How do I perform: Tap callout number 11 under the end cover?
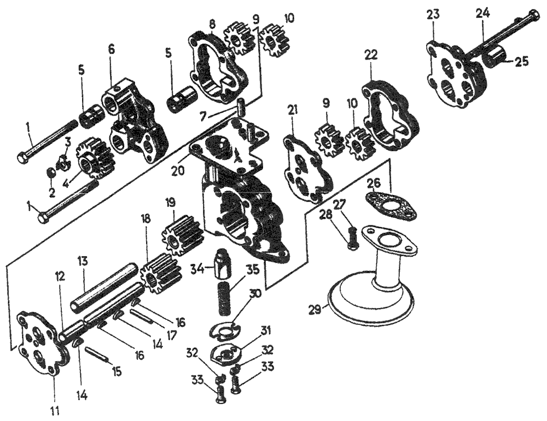pos(55,408)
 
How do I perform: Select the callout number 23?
pos(433,16)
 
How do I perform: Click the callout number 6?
pos(111,49)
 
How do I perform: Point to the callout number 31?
pos(266,330)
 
